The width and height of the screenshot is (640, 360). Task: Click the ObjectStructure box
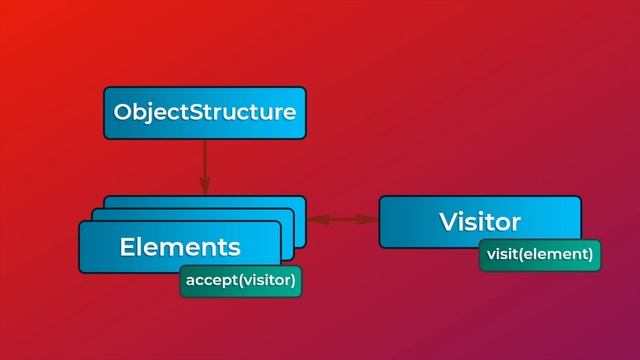[204, 112]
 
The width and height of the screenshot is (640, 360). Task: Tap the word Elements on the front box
[179, 246]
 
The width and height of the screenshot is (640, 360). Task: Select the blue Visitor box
[479, 221]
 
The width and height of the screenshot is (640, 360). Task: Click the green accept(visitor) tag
[240, 281]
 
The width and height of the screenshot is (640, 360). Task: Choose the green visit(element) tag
[540, 255]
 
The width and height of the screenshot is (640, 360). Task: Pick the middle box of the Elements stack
[287, 215]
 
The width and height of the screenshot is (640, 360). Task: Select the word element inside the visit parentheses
[560, 255]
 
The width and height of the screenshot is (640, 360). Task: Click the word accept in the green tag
[209, 281]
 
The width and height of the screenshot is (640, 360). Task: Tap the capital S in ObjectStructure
[200, 112]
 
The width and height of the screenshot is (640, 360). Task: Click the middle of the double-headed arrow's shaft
[342, 218]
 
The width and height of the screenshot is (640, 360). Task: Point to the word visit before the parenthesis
[502, 255]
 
